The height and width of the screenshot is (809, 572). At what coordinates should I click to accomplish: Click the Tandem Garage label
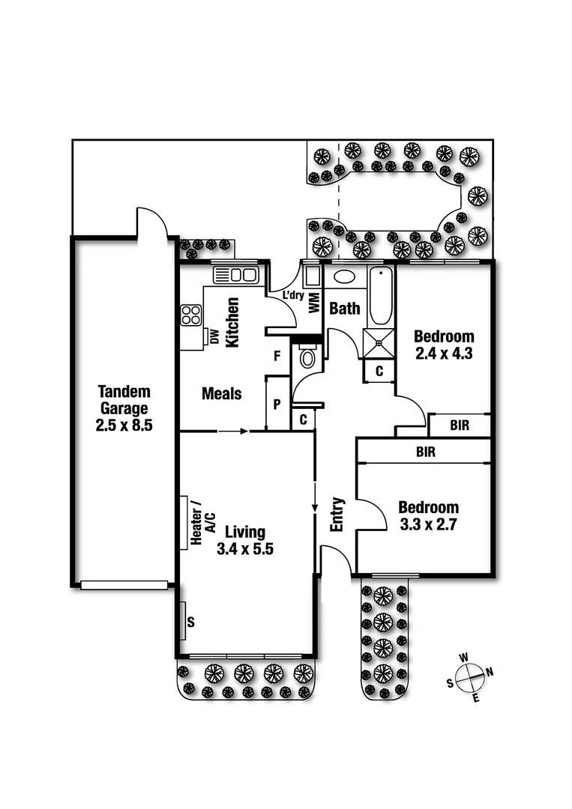124,400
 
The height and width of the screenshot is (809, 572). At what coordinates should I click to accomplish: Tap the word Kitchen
232,322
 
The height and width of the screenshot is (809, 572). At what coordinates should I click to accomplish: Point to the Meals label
221,393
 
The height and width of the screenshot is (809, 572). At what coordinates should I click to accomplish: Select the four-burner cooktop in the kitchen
190,315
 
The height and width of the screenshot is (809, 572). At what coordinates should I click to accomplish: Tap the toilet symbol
307,357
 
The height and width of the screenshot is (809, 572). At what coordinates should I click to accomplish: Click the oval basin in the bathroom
344,276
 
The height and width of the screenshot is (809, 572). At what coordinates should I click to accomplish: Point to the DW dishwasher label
214,338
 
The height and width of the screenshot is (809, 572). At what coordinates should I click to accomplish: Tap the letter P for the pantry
277,404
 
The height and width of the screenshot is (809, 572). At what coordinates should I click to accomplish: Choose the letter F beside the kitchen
277,356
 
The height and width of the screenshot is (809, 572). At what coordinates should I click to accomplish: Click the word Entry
337,515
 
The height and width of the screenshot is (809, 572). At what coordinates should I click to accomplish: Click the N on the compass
490,672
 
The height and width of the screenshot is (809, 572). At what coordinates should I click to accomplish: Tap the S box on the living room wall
190,621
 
